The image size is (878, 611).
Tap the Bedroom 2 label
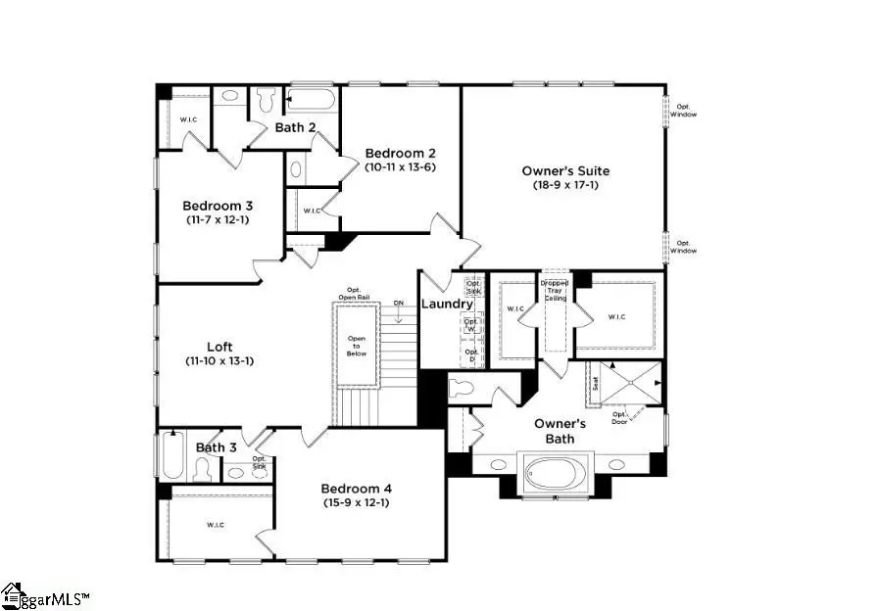[x=400, y=153]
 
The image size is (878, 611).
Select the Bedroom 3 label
[x=218, y=206]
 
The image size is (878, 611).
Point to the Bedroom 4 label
[x=357, y=489]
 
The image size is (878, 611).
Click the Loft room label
[x=219, y=347]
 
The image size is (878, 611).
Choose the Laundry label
[x=447, y=304]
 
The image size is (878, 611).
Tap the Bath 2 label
[x=295, y=127]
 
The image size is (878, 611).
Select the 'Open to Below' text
[x=357, y=346]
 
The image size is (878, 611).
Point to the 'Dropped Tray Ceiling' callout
[x=555, y=290]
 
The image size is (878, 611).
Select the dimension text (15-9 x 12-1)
[x=357, y=503]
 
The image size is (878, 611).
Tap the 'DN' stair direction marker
[x=398, y=304]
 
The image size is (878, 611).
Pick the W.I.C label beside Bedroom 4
[x=215, y=526]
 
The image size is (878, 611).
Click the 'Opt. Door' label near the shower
[x=620, y=417]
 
